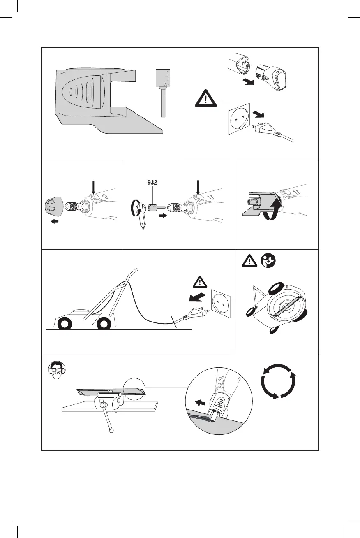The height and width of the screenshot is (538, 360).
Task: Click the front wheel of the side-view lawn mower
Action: [x=64, y=323]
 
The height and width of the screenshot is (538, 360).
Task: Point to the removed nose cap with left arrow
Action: [x=53, y=207]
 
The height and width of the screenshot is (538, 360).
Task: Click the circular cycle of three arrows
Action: [x=279, y=380]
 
